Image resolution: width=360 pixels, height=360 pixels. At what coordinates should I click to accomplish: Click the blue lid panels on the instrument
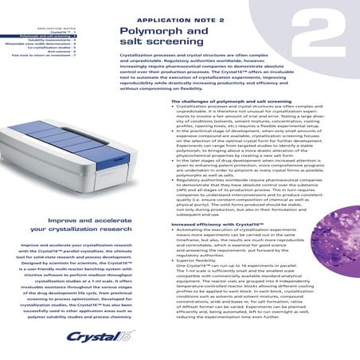point(56,155)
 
